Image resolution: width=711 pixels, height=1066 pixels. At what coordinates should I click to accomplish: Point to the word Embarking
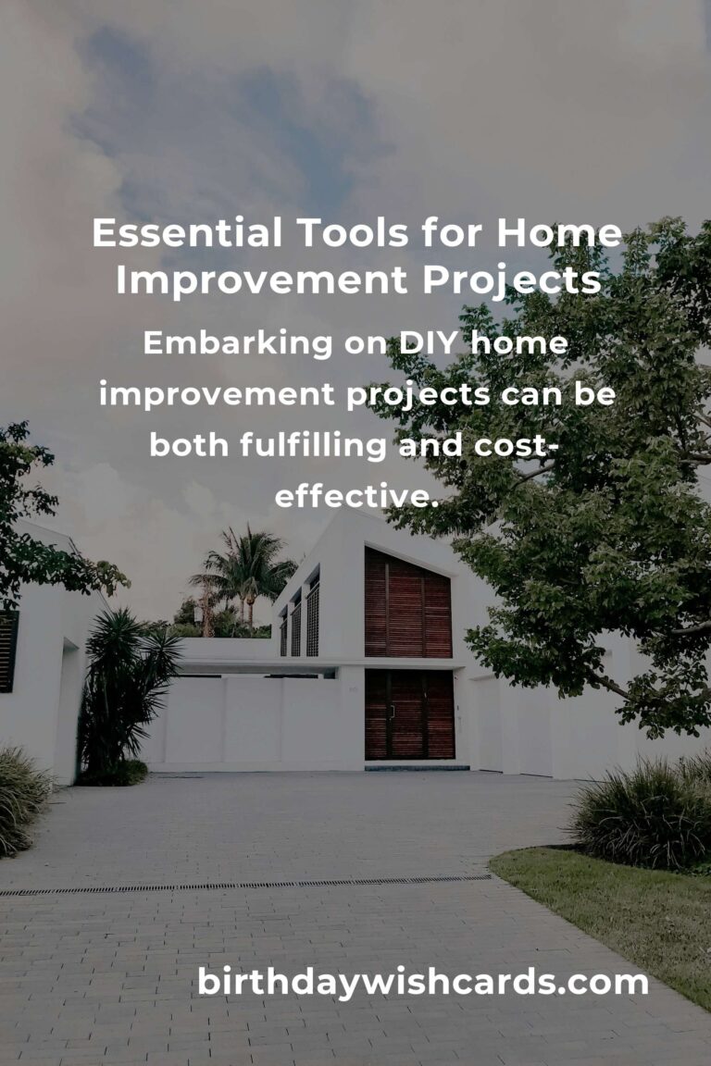point(238,343)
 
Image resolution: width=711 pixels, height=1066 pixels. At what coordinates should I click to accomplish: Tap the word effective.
point(355,497)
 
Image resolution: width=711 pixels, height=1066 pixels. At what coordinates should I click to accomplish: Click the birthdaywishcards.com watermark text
point(422,983)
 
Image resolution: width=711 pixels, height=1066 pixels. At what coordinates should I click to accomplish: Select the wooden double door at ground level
point(408,715)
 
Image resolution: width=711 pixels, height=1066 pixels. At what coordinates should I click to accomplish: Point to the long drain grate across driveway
point(245,885)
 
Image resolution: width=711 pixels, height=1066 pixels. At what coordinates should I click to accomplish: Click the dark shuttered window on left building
point(8,651)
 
